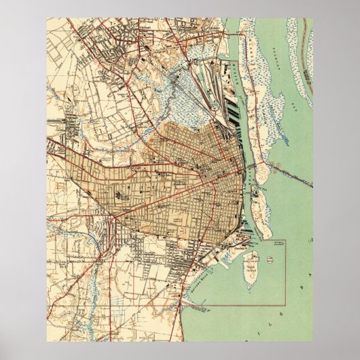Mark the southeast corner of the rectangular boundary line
click(286, 304)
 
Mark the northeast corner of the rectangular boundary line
click(286, 239)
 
